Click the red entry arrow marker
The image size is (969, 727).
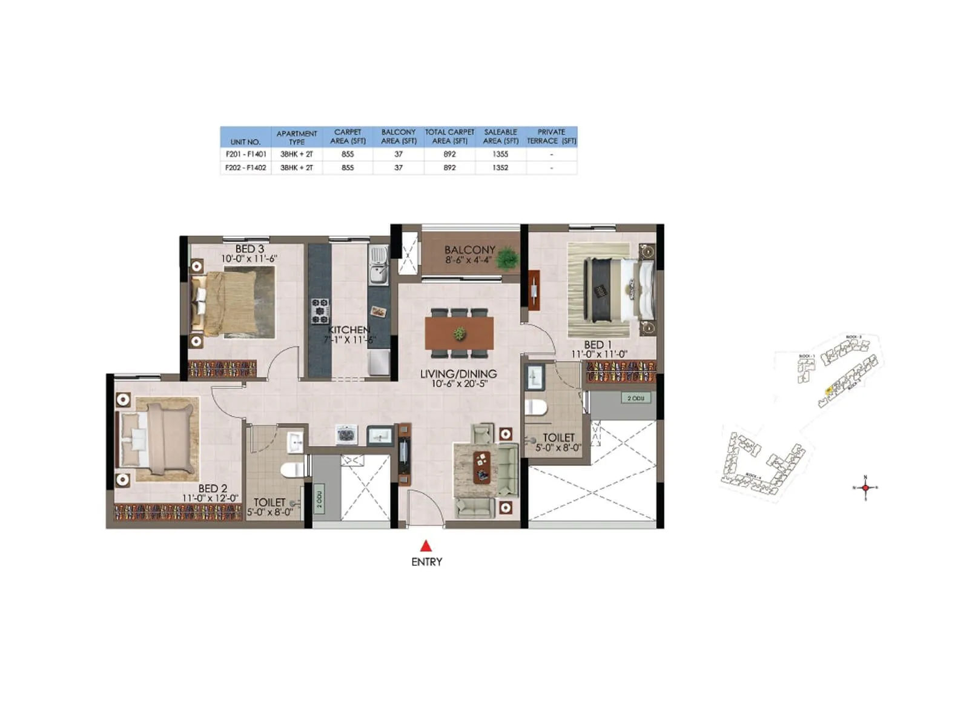point(426,545)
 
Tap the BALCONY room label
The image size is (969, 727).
point(469,250)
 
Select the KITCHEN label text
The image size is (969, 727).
point(349,330)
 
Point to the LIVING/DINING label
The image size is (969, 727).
point(458,374)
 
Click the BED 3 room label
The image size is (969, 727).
point(250,249)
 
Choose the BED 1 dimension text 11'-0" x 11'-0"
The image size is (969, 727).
point(600,354)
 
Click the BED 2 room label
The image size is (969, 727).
point(213,488)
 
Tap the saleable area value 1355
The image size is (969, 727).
point(500,154)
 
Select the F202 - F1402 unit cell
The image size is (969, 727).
point(245,168)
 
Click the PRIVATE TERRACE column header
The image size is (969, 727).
point(551,136)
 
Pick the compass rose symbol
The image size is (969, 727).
point(865,488)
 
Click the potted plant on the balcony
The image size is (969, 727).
point(506,258)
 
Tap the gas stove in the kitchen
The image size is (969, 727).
point(320,310)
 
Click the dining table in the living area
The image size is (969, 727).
point(459,333)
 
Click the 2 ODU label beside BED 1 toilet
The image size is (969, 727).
point(635,398)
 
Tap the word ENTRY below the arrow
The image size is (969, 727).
point(426,562)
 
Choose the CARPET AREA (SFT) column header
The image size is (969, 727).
point(348,136)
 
